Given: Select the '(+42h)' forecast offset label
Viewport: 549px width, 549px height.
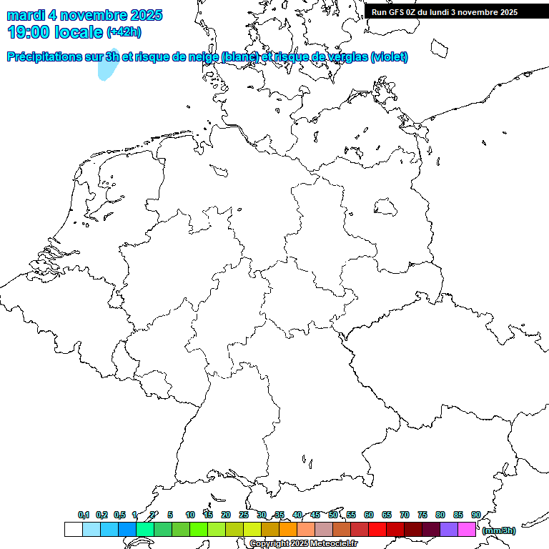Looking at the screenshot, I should pyautogui.click(x=124, y=31).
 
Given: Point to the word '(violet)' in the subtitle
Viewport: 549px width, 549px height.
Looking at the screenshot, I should pyautogui.click(x=390, y=56).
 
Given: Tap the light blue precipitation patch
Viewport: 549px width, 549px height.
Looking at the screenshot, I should pyautogui.click(x=107, y=66).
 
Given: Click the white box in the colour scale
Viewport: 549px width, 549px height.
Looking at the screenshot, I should pyautogui.click(x=73, y=530).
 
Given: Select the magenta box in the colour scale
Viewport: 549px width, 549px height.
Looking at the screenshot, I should pyautogui.click(x=467, y=530).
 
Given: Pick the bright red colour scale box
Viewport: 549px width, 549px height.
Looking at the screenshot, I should pyautogui.click(x=377, y=530).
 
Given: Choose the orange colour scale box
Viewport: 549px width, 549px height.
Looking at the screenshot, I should pyautogui.click(x=287, y=530).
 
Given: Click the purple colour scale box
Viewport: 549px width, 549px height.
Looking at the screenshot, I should pyautogui.click(x=449, y=530).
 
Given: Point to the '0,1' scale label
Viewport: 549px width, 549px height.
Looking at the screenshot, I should pyautogui.click(x=83, y=515).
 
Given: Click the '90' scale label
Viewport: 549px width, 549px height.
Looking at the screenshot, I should pyautogui.click(x=475, y=515).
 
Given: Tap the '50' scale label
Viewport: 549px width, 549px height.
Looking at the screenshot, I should pyautogui.click(x=333, y=515).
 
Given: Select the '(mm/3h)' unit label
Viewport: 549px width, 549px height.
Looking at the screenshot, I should pyautogui.click(x=499, y=530).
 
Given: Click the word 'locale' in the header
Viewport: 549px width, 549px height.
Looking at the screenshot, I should pyautogui.click(x=79, y=31).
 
